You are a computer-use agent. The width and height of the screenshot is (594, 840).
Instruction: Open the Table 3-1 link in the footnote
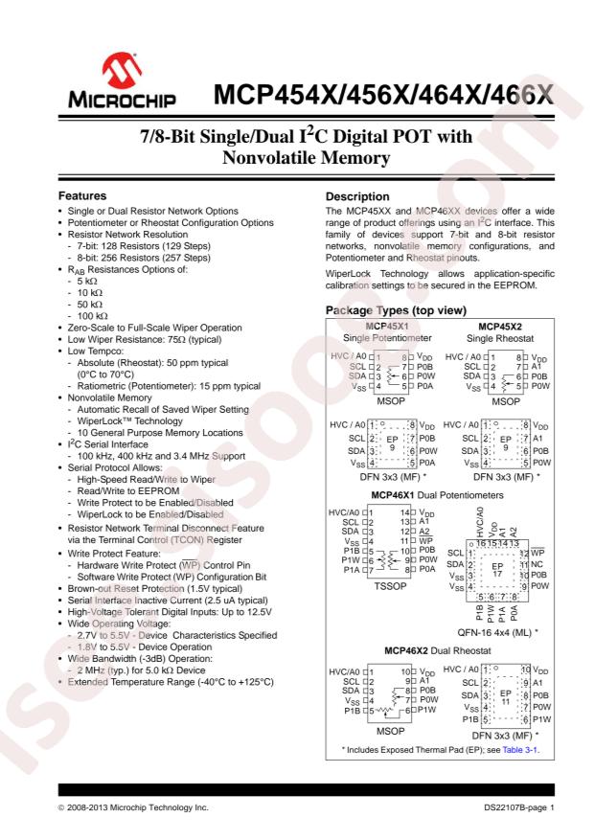coord(518,749)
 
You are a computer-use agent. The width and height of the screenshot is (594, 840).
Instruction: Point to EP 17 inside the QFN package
coord(496,545)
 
